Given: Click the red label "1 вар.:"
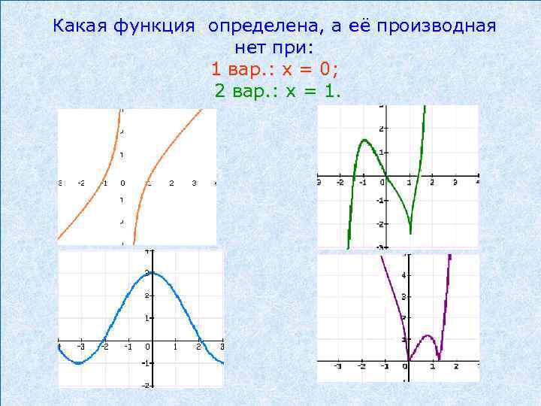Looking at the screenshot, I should (x=240, y=70).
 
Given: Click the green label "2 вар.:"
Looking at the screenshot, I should (x=243, y=92).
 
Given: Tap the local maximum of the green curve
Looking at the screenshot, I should (x=364, y=140).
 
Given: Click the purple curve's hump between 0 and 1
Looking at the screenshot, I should (x=427, y=336).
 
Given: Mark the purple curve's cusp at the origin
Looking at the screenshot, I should (x=408, y=360).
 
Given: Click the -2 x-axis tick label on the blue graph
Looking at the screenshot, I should (x=106, y=347).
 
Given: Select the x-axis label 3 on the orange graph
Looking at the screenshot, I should (x=193, y=183).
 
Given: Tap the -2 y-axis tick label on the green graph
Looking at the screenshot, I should (x=381, y=224).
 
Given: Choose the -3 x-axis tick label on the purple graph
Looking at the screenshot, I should (x=338, y=367).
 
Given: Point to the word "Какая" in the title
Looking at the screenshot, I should (x=80, y=27).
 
